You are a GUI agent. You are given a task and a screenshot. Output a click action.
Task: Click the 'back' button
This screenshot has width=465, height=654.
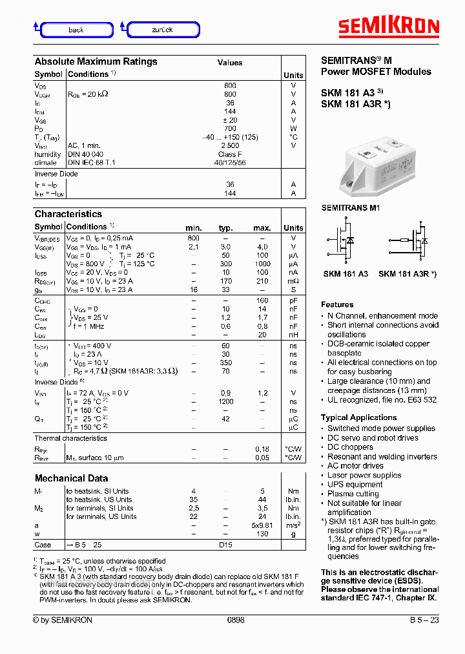click(x=76, y=30)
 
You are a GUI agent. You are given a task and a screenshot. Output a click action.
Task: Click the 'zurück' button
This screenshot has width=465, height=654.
click(x=163, y=30)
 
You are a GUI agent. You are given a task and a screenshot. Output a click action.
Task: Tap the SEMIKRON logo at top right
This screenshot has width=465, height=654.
click(x=389, y=26)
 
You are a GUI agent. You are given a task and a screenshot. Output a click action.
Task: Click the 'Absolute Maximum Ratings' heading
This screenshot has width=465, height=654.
click(x=96, y=61)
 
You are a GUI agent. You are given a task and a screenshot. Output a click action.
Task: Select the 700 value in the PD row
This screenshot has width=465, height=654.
click(x=230, y=129)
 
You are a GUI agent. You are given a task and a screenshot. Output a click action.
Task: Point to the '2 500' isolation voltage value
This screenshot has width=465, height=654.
click(x=230, y=145)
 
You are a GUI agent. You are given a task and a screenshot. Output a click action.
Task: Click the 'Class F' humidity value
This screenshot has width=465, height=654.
click(x=230, y=154)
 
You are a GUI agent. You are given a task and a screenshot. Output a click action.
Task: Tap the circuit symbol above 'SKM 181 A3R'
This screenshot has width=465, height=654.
click(x=412, y=244)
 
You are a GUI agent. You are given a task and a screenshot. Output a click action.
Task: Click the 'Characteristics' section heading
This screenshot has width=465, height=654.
click(x=68, y=214)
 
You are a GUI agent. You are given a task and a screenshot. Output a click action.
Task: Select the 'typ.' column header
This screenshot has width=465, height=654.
click(x=225, y=227)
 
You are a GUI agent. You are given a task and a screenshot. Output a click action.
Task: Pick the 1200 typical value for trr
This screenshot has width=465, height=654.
click(x=225, y=401)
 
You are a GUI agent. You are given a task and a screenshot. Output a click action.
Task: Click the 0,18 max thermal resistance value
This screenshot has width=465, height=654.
click(x=262, y=449)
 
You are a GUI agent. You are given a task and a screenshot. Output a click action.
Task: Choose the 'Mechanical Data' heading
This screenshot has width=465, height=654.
click(x=71, y=478)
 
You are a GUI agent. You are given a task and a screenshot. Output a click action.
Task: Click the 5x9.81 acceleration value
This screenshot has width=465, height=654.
click(x=262, y=525)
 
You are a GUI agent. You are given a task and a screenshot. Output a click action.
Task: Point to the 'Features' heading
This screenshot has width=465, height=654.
click(x=337, y=304)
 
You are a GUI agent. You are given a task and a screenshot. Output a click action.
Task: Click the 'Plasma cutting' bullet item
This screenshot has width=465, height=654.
click(x=353, y=494)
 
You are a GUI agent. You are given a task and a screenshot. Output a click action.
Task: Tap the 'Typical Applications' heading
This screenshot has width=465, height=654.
click(x=359, y=417)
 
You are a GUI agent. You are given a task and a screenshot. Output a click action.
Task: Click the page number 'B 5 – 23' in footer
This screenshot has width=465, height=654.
click(x=424, y=620)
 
